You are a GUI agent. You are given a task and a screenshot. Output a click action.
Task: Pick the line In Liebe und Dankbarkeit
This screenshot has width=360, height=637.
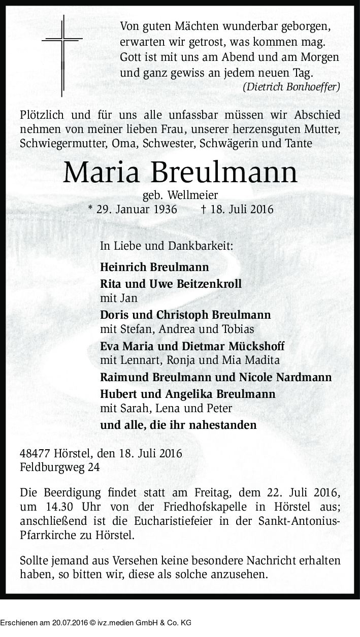[x=167, y=246]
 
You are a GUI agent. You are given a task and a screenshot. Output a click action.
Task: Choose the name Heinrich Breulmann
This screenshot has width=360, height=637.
[x=154, y=267]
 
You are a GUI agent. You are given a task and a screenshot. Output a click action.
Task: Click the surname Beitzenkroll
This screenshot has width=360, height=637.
[x=209, y=284]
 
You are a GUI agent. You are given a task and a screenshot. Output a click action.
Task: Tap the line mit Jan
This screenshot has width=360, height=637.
[x=119, y=298]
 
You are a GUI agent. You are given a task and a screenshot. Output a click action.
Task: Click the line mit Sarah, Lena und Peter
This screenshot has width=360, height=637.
[x=166, y=408]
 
